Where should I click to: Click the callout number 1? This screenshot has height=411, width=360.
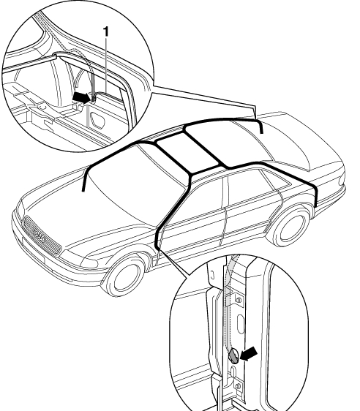tap(105, 31)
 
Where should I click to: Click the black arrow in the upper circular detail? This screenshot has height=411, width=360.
tap(81, 97)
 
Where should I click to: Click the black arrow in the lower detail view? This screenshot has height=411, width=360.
tap(249, 353)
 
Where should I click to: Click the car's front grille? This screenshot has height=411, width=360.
tap(42, 235)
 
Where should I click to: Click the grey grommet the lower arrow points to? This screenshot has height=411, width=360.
tap(233, 356)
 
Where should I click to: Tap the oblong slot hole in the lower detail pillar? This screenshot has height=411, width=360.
tap(241, 324)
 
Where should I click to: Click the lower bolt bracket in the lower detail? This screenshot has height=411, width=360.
tap(238, 386)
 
